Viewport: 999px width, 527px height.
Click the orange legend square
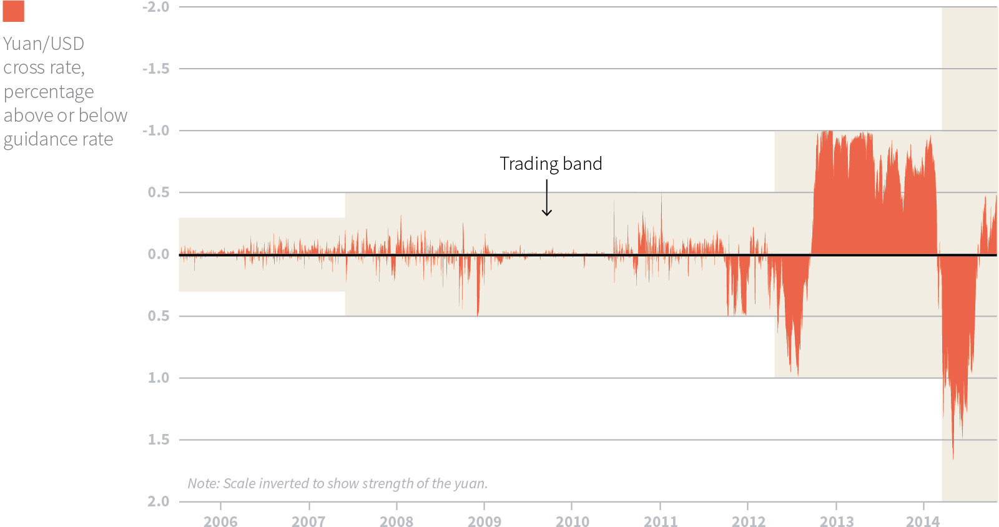[x=13, y=11]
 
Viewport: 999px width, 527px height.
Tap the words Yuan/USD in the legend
[x=44, y=44]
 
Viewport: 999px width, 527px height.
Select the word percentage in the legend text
[x=49, y=92]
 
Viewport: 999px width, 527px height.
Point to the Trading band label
[x=551, y=164]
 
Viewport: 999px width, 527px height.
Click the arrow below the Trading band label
[x=547, y=199]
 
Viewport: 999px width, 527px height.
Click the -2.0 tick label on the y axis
[x=155, y=7]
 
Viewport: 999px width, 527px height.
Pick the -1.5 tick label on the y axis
[x=155, y=69]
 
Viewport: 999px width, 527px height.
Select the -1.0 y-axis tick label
[x=155, y=131]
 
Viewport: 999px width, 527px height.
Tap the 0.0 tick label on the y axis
[x=159, y=254]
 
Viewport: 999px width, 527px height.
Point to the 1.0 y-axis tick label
[x=159, y=378]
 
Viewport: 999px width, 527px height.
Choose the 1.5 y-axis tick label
[x=159, y=440]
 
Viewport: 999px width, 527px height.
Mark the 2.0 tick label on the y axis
[x=159, y=501]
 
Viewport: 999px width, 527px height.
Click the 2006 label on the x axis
[x=220, y=521]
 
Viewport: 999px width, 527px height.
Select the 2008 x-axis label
[x=396, y=521]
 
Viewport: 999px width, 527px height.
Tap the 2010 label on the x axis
[x=573, y=521]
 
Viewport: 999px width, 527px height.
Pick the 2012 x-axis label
[x=749, y=521]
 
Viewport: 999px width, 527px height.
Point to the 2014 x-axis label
[x=923, y=521]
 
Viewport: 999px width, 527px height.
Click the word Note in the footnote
[x=203, y=483]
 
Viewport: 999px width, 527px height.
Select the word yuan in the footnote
[x=470, y=483]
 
